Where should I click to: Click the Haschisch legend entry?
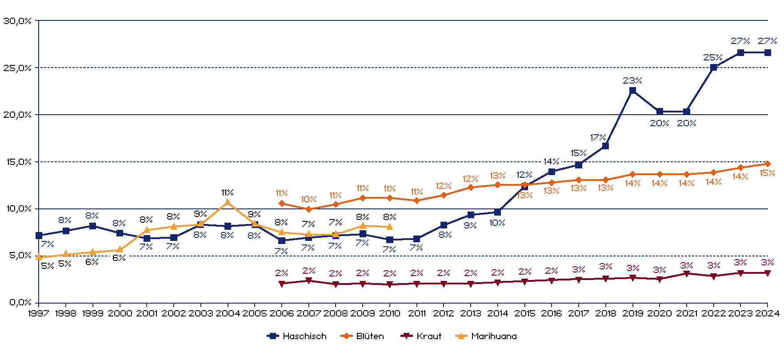[297, 336]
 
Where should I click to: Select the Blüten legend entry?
[362, 336]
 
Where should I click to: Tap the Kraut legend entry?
[421, 336]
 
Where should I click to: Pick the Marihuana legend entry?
[486, 336]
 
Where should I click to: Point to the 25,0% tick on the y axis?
[18, 68]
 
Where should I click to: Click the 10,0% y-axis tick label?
[18, 209]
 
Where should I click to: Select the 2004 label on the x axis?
[228, 313]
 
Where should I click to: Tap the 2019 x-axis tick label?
[632, 313]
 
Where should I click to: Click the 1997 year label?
[39, 313]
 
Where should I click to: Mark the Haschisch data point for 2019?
[632, 91]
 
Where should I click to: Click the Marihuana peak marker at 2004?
[228, 203]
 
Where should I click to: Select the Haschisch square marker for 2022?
[713, 68]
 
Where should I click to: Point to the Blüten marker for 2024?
[768, 164]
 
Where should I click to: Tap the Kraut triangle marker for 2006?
[282, 284]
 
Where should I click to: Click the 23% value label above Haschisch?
[632, 80]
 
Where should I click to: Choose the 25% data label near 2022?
[712, 57]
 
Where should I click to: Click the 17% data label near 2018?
[598, 137]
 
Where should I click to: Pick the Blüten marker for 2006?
[282, 204]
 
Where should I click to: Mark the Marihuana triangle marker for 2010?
[390, 227]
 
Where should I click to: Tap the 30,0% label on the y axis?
[18, 21]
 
